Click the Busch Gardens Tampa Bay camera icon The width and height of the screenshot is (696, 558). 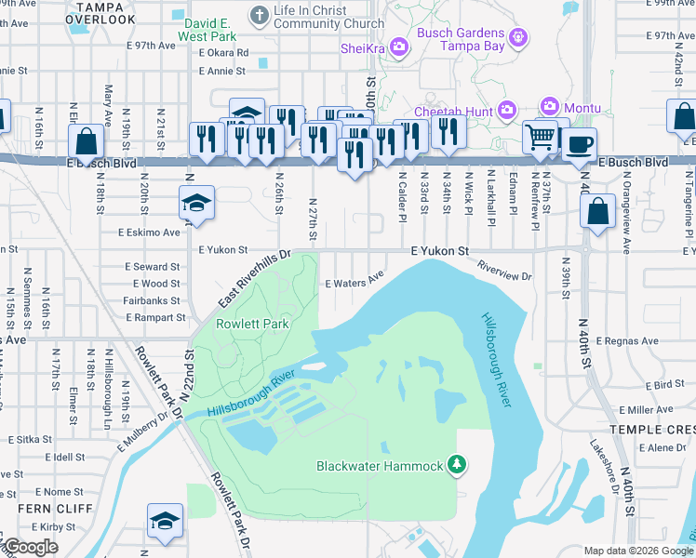(518, 38)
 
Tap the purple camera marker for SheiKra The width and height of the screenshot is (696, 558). (399, 46)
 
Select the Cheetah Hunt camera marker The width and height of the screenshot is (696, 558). (507, 110)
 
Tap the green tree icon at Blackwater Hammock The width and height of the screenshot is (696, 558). (456, 463)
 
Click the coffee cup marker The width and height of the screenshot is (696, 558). (579, 145)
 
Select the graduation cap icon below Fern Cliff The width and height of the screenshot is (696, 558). (165, 522)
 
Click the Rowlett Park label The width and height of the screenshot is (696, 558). (252, 324)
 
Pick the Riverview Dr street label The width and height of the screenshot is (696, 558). (503, 276)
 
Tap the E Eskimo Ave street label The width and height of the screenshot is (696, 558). (149, 232)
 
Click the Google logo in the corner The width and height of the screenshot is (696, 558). (31, 547)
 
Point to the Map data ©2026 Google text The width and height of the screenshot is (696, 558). (637, 551)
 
